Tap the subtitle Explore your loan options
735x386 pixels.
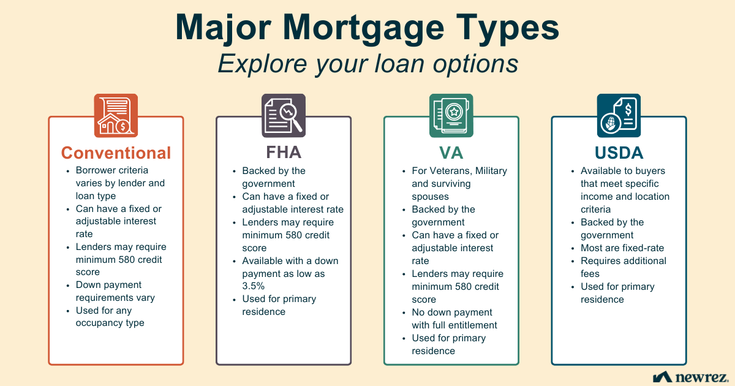(367, 64)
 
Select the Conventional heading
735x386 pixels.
(116, 153)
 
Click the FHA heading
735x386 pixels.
(284, 152)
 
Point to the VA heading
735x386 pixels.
(451, 152)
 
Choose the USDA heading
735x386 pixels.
(619, 152)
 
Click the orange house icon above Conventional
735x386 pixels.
(116, 115)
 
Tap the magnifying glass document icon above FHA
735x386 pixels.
(284, 115)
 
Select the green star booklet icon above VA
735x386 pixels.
(451, 115)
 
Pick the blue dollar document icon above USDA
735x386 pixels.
(619, 115)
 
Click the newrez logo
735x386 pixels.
(690, 376)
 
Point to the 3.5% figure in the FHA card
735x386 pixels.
(252, 286)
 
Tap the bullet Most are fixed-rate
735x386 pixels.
(622, 248)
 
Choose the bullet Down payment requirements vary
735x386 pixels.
(115, 291)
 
